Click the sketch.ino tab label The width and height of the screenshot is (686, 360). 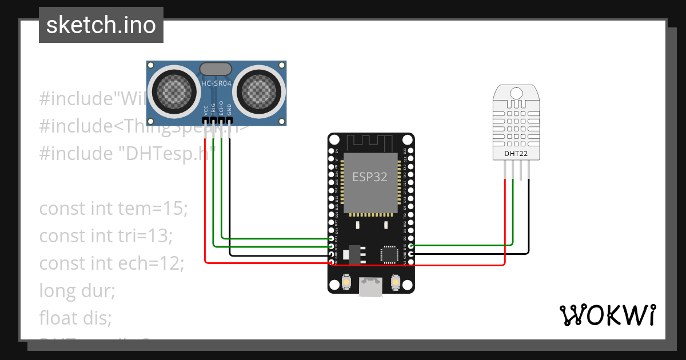coord(101,25)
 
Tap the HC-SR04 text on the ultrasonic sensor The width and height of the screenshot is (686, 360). coord(216,85)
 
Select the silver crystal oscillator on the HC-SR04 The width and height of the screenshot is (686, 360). coord(216,69)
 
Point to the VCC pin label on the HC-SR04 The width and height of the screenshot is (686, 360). coord(206,110)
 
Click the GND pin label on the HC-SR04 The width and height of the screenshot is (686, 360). coord(229,110)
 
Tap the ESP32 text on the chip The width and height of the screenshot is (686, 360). coord(369,177)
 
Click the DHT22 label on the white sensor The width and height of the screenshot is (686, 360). coord(516,153)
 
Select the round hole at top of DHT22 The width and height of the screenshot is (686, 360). coord(516,93)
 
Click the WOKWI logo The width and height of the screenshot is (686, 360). coord(607,315)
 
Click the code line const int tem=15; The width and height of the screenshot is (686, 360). coord(113,209)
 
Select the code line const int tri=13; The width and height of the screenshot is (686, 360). coord(106,235)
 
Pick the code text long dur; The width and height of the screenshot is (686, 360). coord(77,290)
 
